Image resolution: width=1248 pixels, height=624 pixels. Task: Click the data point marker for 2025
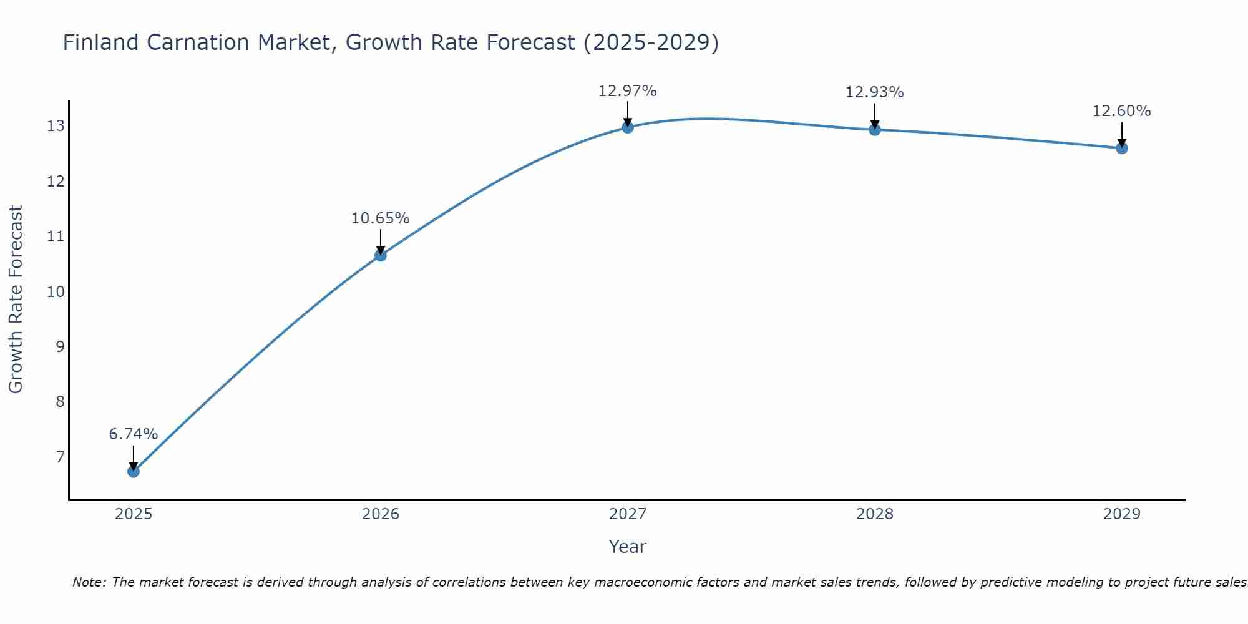tap(134, 471)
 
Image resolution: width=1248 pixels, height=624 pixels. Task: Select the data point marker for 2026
tap(381, 255)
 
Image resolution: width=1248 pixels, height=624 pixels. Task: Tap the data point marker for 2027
tap(628, 127)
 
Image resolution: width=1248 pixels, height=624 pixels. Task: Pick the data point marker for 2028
tap(875, 130)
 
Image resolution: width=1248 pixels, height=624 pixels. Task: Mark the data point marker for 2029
tap(1122, 148)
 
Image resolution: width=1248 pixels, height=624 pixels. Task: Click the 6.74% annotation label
tap(134, 434)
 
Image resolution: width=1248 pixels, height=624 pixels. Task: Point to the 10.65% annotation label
tap(381, 218)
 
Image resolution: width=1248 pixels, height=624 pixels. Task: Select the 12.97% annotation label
tap(628, 91)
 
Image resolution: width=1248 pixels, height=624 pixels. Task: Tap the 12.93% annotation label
tap(875, 92)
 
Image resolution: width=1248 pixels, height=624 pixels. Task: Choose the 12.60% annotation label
tap(1122, 111)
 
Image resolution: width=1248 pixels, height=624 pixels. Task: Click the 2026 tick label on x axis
tap(381, 514)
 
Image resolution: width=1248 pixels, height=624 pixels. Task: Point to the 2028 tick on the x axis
tap(875, 514)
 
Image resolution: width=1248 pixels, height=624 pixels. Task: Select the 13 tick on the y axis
tap(56, 126)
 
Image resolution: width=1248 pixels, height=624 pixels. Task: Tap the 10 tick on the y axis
tap(56, 291)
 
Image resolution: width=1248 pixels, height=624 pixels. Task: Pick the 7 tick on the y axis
tap(60, 457)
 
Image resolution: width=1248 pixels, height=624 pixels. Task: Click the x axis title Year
tap(628, 547)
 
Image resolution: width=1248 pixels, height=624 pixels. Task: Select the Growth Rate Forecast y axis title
tap(16, 300)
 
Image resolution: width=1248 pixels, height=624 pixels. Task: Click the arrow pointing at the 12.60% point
tap(1122, 134)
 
